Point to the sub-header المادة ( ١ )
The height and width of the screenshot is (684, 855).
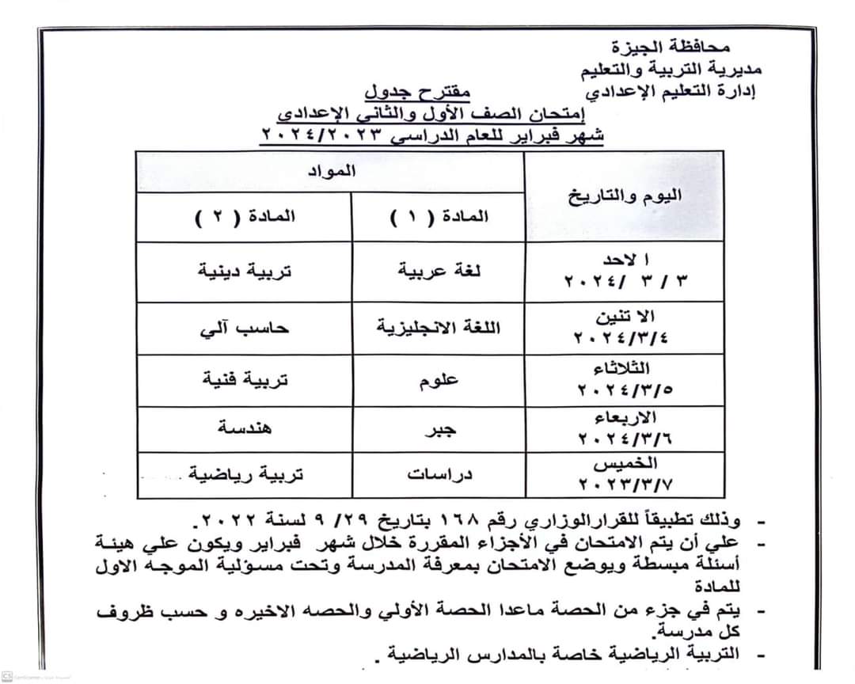tap(440, 216)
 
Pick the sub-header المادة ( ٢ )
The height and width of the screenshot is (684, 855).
tap(245, 216)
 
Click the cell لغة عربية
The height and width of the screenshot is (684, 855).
tap(440, 271)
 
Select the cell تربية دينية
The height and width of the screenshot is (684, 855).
tap(245, 271)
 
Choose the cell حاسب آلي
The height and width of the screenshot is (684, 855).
tap(245, 327)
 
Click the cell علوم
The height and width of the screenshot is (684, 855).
tap(439, 381)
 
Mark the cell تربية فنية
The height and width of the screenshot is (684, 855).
tap(245, 380)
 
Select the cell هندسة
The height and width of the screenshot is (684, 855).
tap(245, 428)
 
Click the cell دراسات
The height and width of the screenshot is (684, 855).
tap(439, 474)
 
